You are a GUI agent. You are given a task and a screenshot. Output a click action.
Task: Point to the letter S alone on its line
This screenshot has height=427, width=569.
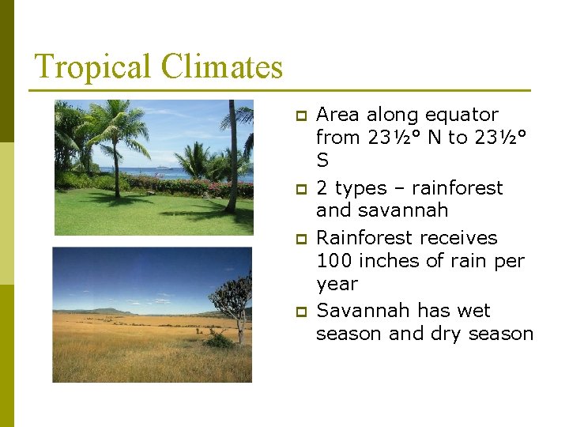pos(322,161)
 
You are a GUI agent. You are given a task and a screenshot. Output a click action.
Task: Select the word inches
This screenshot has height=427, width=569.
pos(395,261)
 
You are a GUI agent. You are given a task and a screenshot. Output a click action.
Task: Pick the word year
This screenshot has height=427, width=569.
pos(337,284)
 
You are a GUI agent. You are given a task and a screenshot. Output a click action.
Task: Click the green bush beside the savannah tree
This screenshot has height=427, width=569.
pos(218,341)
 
